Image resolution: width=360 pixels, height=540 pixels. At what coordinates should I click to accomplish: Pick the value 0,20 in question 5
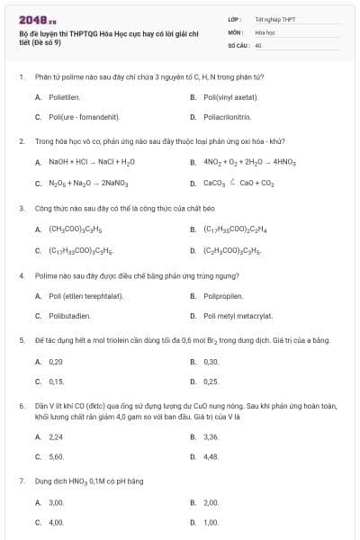pyautogui.click(x=56, y=361)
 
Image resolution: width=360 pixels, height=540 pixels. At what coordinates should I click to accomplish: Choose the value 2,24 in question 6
pyautogui.click(x=56, y=436)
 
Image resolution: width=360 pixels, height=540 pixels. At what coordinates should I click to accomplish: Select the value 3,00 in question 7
pyautogui.click(x=56, y=502)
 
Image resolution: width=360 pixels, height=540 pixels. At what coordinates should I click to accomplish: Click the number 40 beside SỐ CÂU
pyautogui.click(x=258, y=44)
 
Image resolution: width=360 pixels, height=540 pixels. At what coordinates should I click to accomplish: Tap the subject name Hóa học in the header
pyautogui.click(x=265, y=31)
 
